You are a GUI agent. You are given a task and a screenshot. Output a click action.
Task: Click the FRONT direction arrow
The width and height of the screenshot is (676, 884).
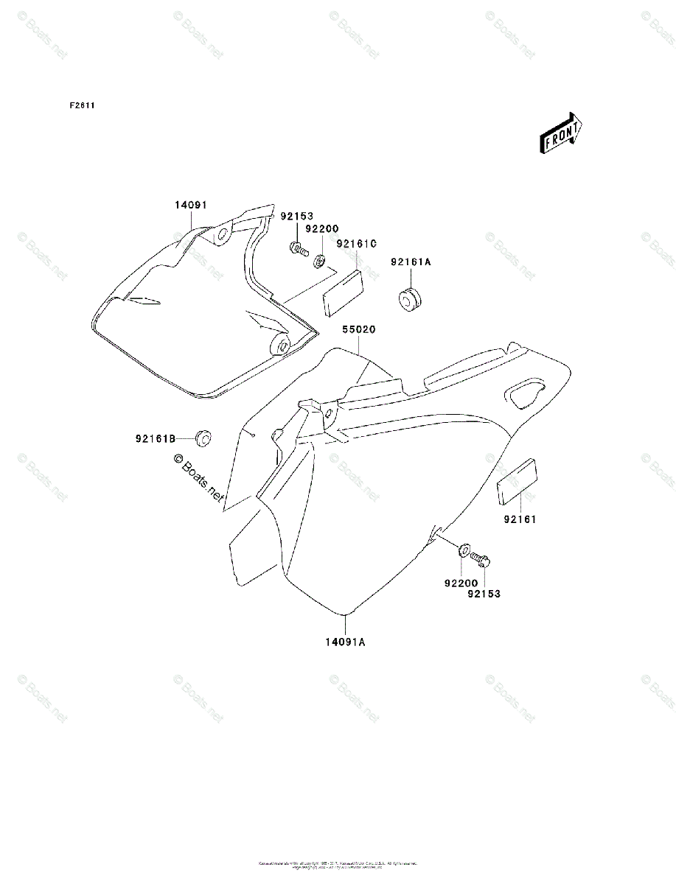coord(562,133)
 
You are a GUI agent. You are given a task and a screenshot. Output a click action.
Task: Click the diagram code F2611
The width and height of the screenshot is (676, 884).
coord(82,105)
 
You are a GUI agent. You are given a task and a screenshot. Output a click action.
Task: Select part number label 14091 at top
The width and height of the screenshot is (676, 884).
coord(190,206)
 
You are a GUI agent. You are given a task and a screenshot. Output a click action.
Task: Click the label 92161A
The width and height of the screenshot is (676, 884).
coord(411,262)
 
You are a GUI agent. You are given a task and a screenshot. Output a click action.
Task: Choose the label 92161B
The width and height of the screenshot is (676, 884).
coord(155,439)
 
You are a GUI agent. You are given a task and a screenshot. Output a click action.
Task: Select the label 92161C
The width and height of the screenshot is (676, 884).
coord(357,244)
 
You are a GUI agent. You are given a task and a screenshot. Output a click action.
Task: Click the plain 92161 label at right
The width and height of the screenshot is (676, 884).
coord(520,519)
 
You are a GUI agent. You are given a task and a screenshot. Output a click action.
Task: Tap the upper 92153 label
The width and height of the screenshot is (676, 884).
coord(296,217)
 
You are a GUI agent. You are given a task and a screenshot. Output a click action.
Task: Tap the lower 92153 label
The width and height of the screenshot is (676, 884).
coord(484,593)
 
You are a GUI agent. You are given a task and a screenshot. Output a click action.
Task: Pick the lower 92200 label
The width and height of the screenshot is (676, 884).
coord(461,583)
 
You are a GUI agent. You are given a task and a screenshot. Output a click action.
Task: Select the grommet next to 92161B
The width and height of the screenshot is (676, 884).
coord(201,438)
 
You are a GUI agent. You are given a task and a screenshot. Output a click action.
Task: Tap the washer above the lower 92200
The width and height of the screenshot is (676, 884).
coord(465,549)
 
